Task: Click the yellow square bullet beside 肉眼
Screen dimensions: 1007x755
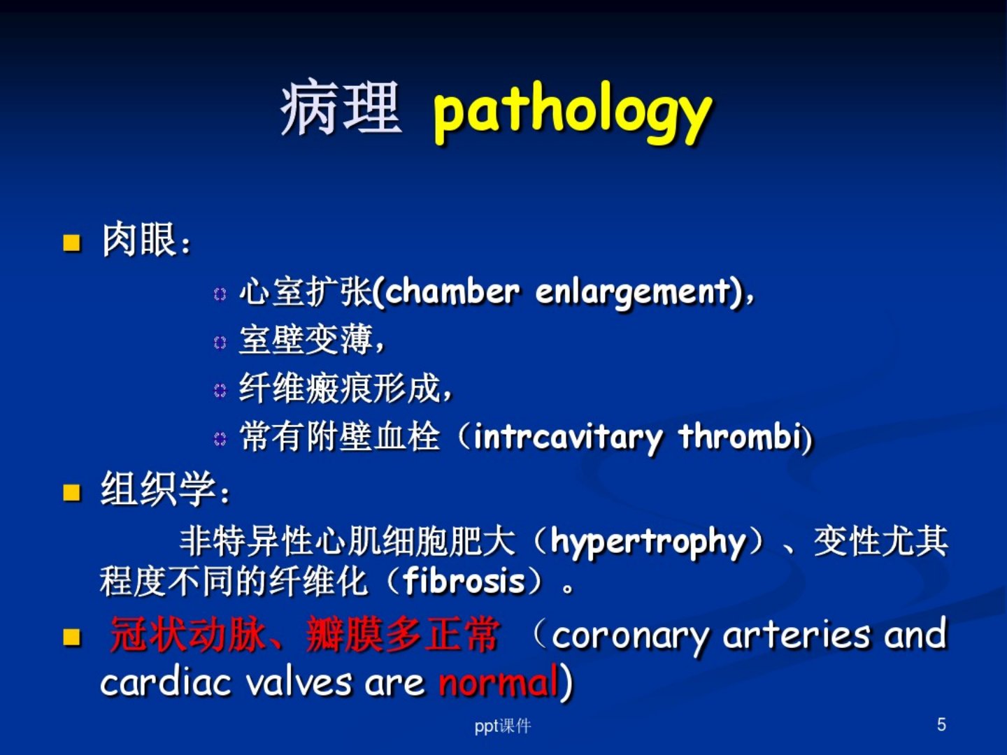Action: [71, 243]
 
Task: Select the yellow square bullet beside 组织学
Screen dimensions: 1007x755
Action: [71, 493]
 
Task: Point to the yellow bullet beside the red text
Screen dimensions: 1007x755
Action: [71, 637]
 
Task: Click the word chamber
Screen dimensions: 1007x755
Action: [452, 291]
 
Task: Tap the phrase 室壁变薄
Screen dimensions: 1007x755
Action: [306, 340]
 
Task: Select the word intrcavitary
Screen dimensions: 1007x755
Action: [568, 438]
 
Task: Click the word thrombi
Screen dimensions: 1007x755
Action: [741, 436]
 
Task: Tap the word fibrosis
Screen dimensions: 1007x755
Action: [464, 581]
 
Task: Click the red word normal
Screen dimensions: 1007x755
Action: [499, 682]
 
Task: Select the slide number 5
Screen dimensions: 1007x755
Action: [941, 724]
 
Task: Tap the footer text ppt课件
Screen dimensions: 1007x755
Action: [503, 726]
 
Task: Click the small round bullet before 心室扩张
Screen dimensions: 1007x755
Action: [220, 294]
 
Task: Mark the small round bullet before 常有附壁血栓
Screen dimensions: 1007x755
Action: [220, 439]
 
